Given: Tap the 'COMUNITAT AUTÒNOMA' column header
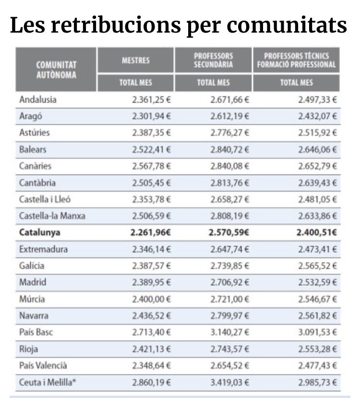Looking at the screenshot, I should click(x=56, y=69).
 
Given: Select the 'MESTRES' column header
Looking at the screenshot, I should click(x=135, y=60).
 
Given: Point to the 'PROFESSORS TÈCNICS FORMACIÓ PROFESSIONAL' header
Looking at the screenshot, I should click(x=296, y=60).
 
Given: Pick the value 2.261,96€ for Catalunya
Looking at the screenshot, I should click(x=150, y=233).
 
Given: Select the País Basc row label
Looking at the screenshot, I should click(x=36, y=332).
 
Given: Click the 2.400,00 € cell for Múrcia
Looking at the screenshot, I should click(x=150, y=299).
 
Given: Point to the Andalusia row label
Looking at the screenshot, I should click(x=38, y=100).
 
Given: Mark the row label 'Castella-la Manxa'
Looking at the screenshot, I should click(x=52, y=216).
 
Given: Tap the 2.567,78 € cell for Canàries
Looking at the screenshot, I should click(x=150, y=166).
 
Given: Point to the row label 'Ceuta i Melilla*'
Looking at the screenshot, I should click(x=47, y=382).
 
